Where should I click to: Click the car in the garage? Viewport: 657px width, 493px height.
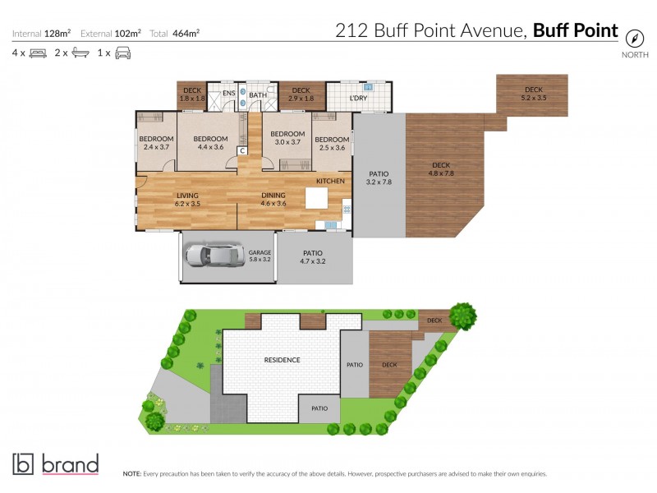click(x=214, y=256)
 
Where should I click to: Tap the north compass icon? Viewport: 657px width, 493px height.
click(x=634, y=38)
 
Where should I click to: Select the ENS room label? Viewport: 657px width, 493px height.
click(x=229, y=94)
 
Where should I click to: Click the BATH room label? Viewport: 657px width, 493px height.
click(x=258, y=95)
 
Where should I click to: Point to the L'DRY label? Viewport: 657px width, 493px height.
click(x=358, y=99)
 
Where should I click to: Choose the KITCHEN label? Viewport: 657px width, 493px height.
click(x=330, y=181)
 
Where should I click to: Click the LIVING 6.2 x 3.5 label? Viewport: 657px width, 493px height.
click(x=188, y=199)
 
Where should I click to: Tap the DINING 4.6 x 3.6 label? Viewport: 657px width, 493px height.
click(x=273, y=199)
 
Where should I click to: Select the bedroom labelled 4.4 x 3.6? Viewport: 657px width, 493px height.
click(x=210, y=143)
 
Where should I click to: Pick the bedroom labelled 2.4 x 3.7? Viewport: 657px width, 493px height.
click(x=155, y=143)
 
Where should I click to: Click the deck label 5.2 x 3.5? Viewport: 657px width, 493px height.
click(x=534, y=94)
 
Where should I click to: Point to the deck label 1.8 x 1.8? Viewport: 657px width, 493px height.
click(x=191, y=94)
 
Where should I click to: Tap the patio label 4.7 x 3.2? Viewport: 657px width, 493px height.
click(x=313, y=257)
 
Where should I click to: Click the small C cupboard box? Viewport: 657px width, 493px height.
click(x=242, y=150)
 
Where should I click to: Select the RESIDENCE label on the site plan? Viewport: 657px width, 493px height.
click(x=282, y=360)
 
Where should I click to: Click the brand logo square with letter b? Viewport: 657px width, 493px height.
click(x=23, y=464)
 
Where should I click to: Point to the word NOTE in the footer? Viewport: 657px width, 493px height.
click(x=131, y=474)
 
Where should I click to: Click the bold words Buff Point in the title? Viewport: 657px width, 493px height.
click(x=575, y=31)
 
